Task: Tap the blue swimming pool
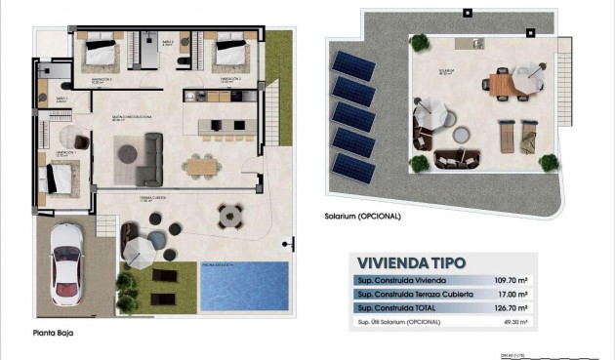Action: [244, 286]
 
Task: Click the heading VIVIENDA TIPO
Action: [412, 262]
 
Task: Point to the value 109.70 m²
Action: [511, 280]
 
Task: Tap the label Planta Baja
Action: [52, 333]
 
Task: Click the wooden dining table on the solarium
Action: [499, 85]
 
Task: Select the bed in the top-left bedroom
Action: [100, 51]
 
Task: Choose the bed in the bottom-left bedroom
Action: [59, 180]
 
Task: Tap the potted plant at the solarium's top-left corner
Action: [419, 42]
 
